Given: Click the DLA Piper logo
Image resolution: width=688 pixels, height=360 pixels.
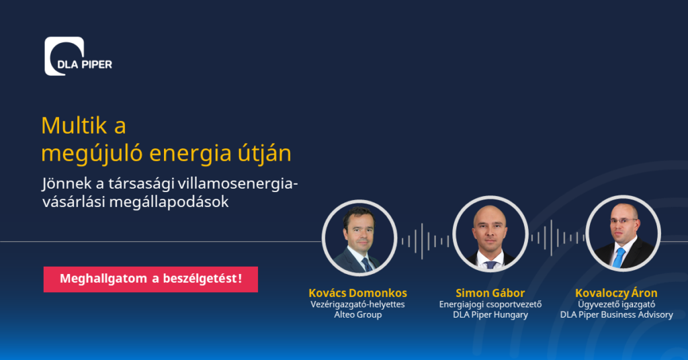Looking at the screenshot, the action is click(78, 56).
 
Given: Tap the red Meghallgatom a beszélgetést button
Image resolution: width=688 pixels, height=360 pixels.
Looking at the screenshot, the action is click(150, 279).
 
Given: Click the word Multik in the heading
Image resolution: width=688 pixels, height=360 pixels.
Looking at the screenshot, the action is click(74, 126).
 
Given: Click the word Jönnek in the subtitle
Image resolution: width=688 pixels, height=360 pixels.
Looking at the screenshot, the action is click(67, 184).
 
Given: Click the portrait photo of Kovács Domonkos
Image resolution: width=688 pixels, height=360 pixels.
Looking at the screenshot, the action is click(359, 238).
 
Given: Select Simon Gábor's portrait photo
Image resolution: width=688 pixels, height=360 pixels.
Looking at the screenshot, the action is click(490, 234).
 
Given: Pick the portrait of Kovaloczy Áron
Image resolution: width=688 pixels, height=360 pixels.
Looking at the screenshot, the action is click(623, 233).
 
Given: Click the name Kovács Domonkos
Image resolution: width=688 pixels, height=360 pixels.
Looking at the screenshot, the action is click(357, 293).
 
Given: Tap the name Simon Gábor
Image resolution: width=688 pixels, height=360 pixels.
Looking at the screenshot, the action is click(490, 293).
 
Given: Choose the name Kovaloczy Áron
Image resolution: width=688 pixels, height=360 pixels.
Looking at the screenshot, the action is click(616, 293).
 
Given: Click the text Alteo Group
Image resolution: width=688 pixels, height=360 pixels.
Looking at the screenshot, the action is click(357, 315).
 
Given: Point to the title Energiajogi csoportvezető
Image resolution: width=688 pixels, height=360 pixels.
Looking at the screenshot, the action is click(490, 304).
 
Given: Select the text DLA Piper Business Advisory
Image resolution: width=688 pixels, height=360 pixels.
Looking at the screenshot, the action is click(617, 315).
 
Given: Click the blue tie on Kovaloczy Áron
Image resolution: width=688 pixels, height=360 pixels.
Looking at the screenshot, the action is click(619, 257).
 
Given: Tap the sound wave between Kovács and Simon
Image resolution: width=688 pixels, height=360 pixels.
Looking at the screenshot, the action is click(425, 240).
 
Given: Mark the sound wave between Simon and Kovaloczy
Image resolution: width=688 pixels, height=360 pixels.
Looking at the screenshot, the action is click(558, 238).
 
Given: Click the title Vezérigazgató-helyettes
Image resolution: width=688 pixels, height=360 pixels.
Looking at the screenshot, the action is click(357, 304).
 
